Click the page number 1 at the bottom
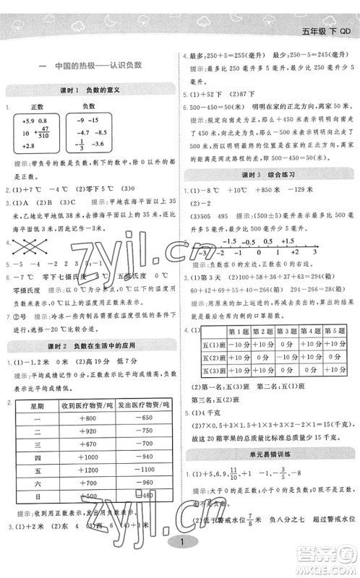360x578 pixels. (x=179, y=563)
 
